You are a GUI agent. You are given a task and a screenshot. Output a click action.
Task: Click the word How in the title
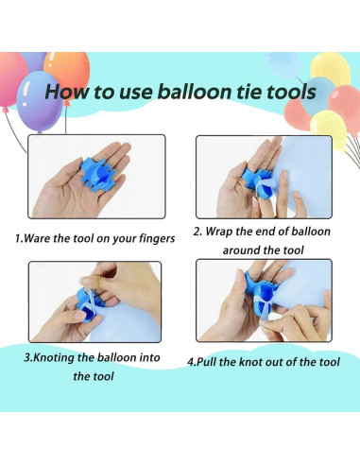(x=68, y=94)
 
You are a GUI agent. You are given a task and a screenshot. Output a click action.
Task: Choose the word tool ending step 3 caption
(x=87, y=377)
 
